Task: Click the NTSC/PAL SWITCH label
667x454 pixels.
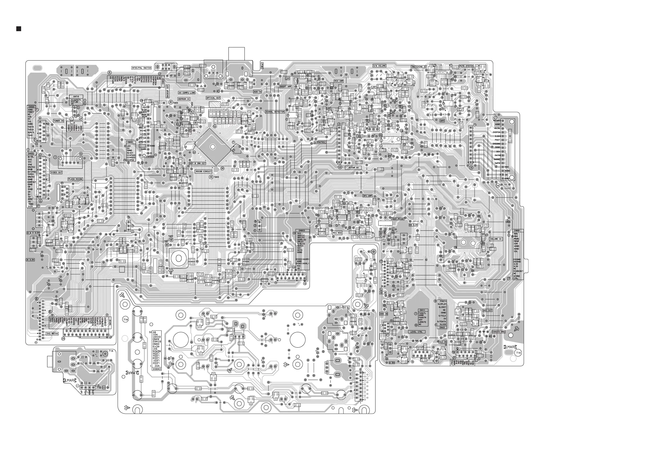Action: click(x=141, y=68)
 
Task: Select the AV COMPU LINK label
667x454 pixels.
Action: click(x=186, y=93)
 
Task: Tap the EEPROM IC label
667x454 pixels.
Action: click(x=184, y=99)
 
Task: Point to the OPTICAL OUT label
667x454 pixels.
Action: click(x=213, y=98)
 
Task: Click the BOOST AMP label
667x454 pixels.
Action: click(x=286, y=87)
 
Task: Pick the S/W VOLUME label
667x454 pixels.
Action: click(x=379, y=66)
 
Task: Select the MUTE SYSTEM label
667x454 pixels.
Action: click(x=466, y=66)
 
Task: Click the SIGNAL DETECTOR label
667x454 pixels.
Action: click(x=275, y=112)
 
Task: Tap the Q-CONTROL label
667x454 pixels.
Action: click(x=320, y=142)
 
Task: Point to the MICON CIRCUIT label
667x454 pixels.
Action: click(x=204, y=172)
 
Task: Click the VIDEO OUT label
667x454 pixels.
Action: click(x=56, y=172)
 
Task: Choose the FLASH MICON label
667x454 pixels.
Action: click(x=75, y=179)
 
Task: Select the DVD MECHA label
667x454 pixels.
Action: click(x=52, y=334)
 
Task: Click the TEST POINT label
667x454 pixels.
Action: click(x=397, y=219)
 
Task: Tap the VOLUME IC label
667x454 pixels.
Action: click(x=496, y=239)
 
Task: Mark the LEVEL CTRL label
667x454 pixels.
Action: click(x=416, y=332)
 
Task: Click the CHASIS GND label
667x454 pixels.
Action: click(x=499, y=332)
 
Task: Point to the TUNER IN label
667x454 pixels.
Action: click(x=59, y=121)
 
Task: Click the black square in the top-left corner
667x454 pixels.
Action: click(x=19, y=29)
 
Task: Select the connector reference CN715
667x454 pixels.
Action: click(x=76, y=97)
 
